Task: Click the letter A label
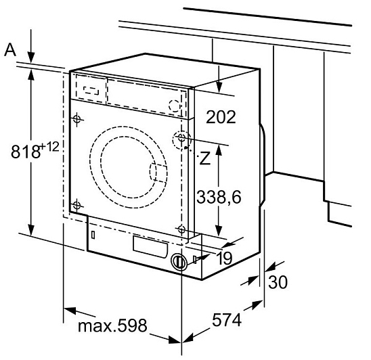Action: click(10, 50)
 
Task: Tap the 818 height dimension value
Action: click(25, 152)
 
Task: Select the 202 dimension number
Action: click(221, 117)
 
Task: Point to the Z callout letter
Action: click(205, 158)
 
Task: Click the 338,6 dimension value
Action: click(219, 197)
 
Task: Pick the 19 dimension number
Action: click(225, 258)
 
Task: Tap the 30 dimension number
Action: click(278, 282)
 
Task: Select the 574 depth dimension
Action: click(227, 320)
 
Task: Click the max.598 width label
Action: click(112, 326)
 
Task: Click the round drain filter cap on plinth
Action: click(179, 261)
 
